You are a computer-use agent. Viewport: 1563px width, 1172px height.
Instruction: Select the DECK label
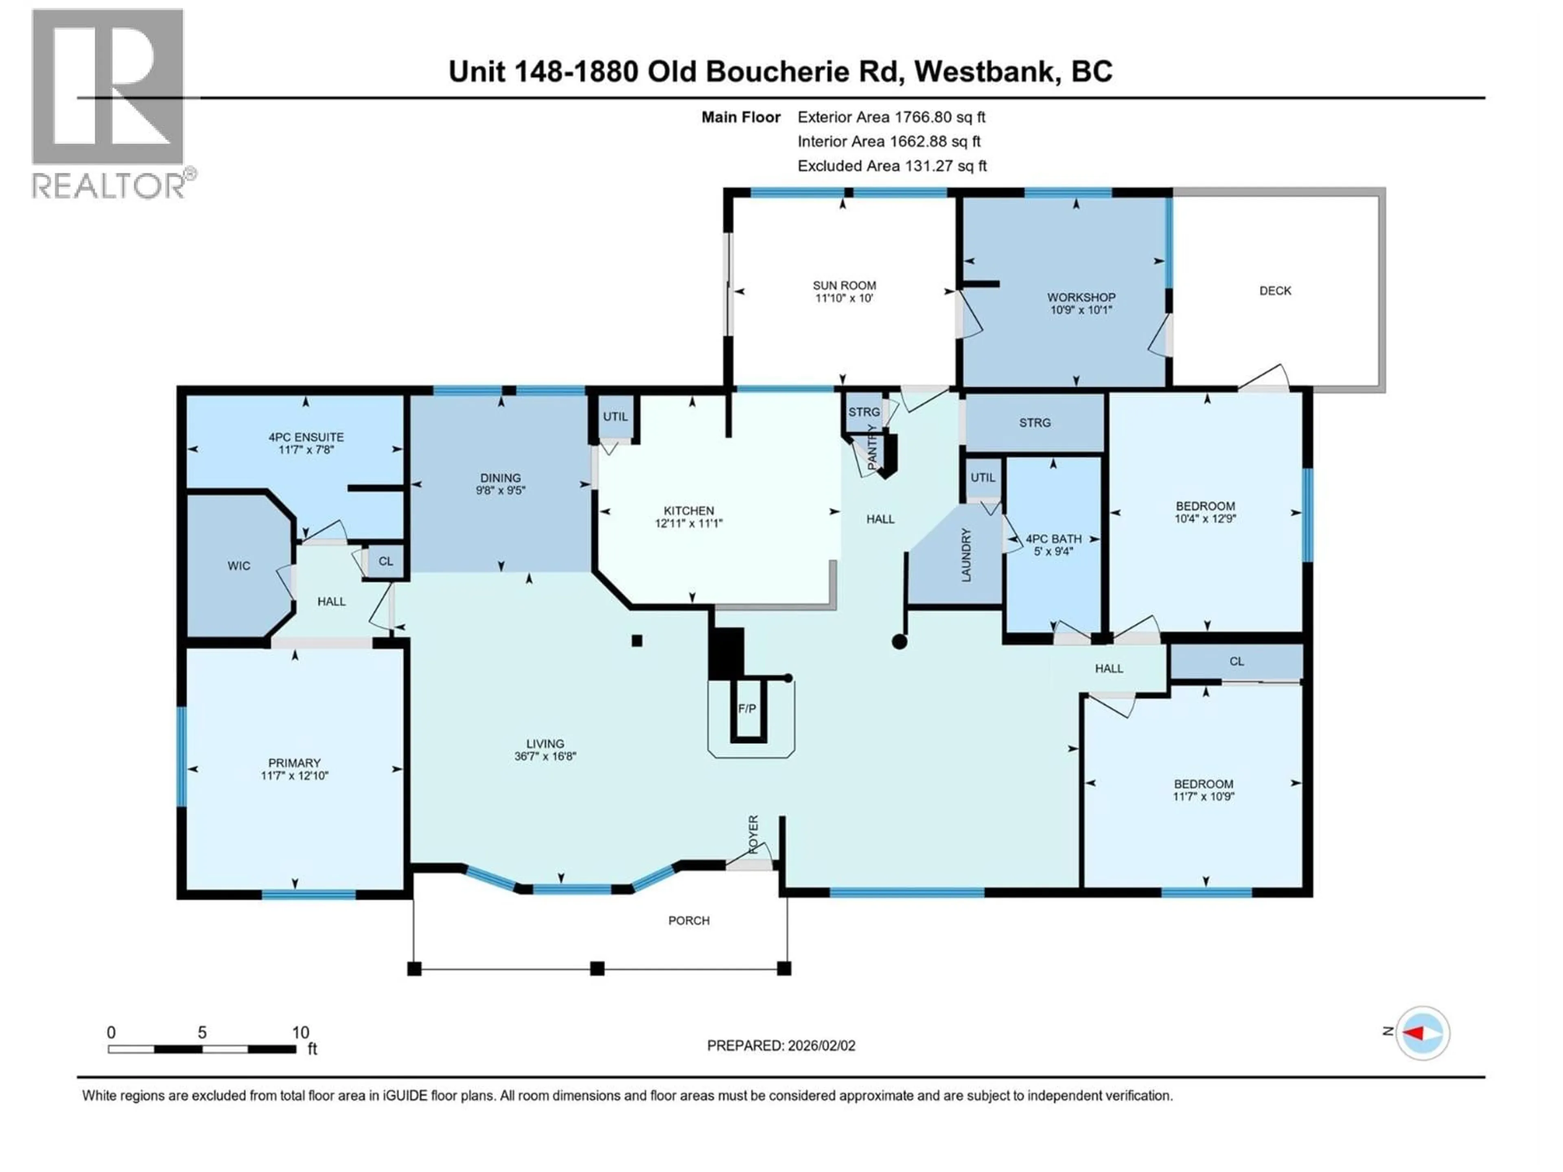[1275, 290]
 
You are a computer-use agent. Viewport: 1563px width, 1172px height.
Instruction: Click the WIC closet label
[239, 566]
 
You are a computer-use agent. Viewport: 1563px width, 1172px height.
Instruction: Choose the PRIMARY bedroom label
[294, 763]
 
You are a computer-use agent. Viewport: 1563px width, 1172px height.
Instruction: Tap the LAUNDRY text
[966, 555]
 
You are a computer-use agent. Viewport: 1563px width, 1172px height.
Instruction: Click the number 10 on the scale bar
[300, 1032]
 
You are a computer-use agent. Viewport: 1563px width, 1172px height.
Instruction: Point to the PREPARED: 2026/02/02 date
[781, 1045]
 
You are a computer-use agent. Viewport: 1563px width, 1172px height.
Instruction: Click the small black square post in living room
[637, 641]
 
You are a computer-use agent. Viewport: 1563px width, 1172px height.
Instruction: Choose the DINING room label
[500, 478]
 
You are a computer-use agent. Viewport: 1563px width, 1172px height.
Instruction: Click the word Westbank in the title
[986, 71]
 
